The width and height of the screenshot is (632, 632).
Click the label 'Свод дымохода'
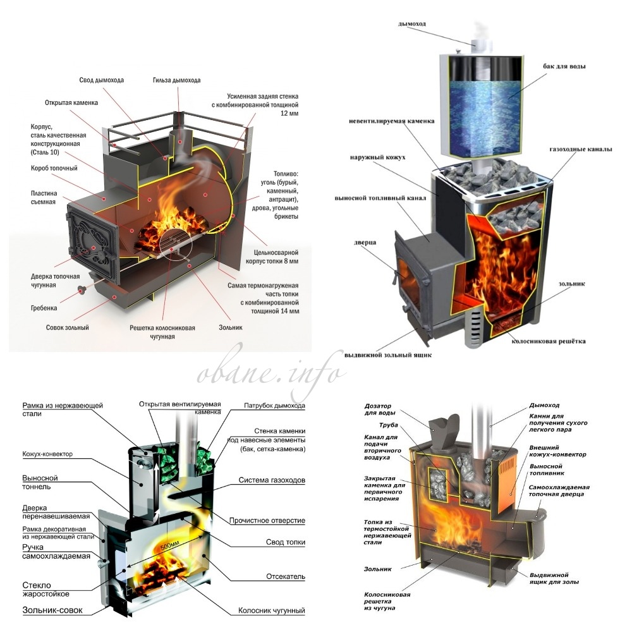[x=102, y=80]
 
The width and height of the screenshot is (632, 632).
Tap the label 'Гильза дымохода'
[x=176, y=80]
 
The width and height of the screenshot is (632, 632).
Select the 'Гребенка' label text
[x=44, y=308]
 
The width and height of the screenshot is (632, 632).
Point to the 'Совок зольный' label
[x=68, y=327]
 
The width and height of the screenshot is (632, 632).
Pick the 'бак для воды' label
[x=564, y=66]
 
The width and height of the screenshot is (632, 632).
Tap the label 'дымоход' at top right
[x=412, y=24]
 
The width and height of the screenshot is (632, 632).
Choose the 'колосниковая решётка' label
[x=549, y=341]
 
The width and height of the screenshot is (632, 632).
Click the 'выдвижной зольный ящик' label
[x=388, y=355]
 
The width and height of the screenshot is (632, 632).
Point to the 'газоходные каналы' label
[x=581, y=149]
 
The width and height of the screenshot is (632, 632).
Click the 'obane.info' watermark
[x=271, y=374]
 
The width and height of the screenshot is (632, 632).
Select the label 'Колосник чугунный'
[x=272, y=611]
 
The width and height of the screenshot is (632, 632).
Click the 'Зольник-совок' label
[x=52, y=611]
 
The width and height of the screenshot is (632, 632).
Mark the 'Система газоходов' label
[x=272, y=480]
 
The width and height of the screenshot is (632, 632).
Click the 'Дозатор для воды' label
[x=380, y=409]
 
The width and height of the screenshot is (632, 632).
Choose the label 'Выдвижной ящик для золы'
[x=554, y=578]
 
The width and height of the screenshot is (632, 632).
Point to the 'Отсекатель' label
[x=286, y=576]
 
